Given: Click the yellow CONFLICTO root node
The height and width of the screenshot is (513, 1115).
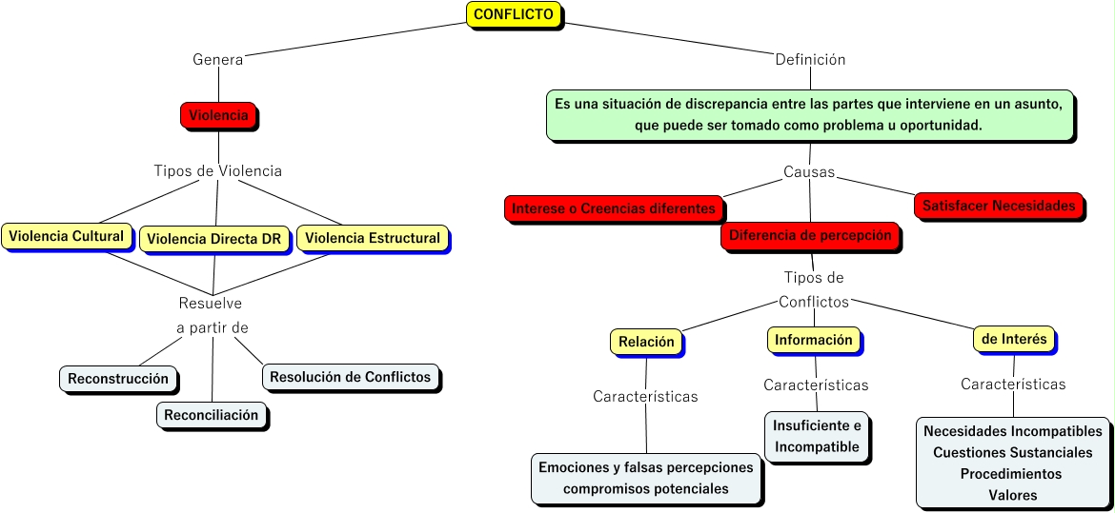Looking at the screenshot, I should pyautogui.click(x=514, y=14).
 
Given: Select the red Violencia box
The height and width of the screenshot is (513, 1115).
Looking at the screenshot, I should pyautogui.click(x=218, y=115).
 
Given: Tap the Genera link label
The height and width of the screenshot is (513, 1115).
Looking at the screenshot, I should pyautogui.click(x=218, y=59).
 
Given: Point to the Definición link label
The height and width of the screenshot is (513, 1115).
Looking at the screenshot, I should pyautogui.click(x=810, y=59).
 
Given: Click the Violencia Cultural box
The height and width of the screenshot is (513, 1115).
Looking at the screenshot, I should pyautogui.click(x=66, y=236).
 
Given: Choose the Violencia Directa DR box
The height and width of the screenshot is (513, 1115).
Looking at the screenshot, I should pyautogui.click(x=215, y=240).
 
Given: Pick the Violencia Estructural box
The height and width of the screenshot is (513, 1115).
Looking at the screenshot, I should pyautogui.click(x=373, y=238).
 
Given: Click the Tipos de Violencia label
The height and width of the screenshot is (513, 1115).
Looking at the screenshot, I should pyautogui.click(x=218, y=171).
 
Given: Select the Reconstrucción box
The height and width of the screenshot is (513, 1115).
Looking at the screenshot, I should pyautogui.click(x=118, y=379).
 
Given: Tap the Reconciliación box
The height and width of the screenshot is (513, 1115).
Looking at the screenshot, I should pyautogui.click(x=211, y=415).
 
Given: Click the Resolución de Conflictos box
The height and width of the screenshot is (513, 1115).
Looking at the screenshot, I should pyautogui.click(x=350, y=377).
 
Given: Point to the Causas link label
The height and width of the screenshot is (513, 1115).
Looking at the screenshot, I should pyautogui.click(x=809, y=172).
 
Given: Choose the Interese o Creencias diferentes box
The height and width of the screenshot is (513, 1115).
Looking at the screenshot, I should pyautogui.click(x=613, y=208).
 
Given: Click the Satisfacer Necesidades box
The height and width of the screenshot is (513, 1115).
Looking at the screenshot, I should pyautogui.click(x=999, y=205).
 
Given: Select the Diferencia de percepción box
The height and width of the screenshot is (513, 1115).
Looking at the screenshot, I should pyautogui.click(x=810, y=235).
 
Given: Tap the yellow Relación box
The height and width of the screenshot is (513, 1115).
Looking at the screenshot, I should pyautogui.click(x=646, y=342).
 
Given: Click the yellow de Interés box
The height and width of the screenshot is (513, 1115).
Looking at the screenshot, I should pyautogui.click(x=1014, y=338).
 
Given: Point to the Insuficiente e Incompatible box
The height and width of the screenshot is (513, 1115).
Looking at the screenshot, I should pyautogui.click(x=817, y=436).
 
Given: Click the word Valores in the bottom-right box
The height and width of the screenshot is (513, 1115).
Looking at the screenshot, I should pyautogui.click(x=1012, y=495).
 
